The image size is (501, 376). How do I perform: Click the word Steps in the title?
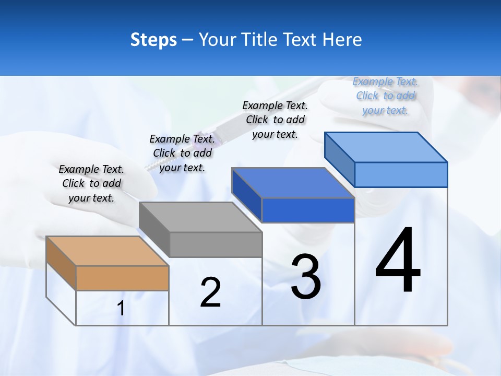(153, 40)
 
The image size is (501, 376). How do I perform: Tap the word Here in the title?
(342, 40)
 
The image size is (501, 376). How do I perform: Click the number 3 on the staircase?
(306, 277)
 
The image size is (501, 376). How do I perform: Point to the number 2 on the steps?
(210, 292)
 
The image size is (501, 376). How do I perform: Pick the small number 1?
(121, 309)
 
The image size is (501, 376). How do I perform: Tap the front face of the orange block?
(122, 278)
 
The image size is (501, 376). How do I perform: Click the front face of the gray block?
(216, 244)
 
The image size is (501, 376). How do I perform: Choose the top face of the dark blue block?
(293, 183)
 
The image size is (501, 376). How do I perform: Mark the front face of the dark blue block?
(308, 210)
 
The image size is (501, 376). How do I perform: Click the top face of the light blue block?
(386, 147)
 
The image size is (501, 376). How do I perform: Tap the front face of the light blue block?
(401, 174)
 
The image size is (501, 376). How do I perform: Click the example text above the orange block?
(91, 183)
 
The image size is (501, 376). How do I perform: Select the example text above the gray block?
(182, 153)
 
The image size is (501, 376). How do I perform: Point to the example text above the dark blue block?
(275, 120)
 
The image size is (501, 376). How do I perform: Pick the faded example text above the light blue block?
(385, 96)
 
